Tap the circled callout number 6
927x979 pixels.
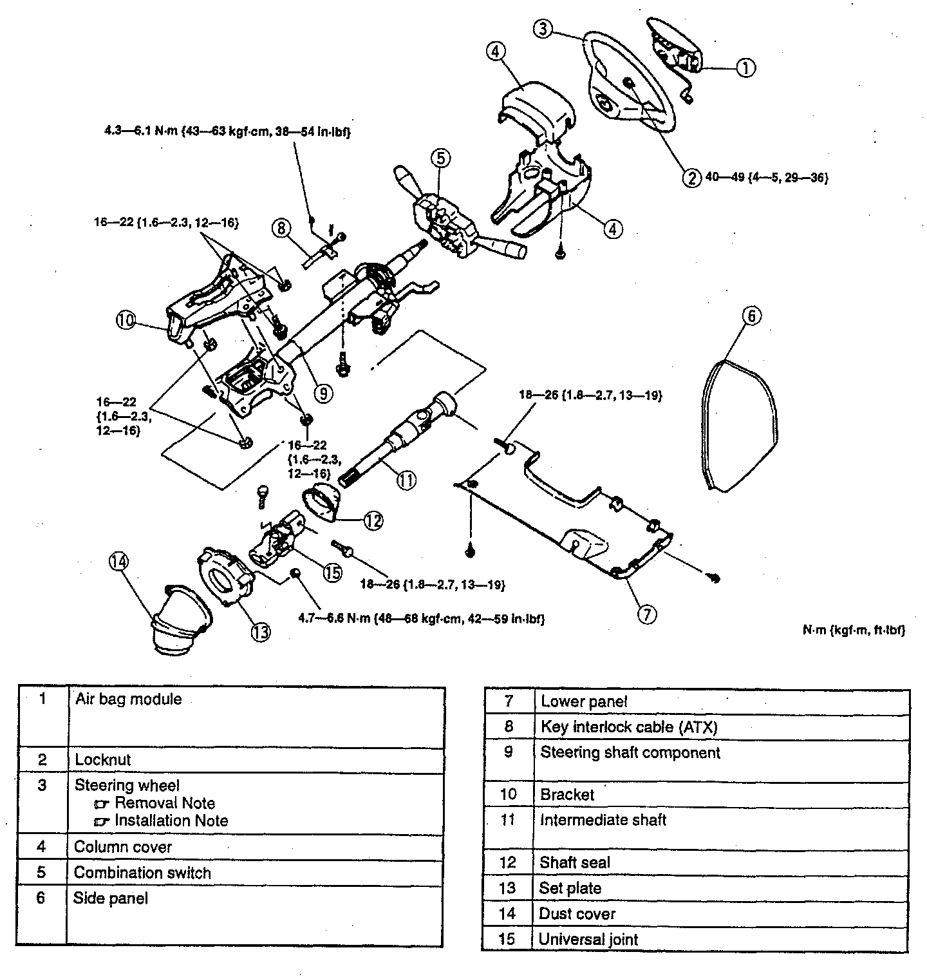tap(751, 316)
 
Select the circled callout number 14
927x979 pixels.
tap(118, 562)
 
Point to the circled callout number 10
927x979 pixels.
tap(127, 319)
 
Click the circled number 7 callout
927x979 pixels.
tap(647, 614)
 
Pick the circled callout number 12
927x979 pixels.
tap(374, 520)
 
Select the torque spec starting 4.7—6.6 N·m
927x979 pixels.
tap(422, 620)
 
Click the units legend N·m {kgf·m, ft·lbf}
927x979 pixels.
tap(853, 631)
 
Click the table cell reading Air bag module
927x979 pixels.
tap(128, 699)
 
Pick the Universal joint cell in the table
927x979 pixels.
tap(588, 939)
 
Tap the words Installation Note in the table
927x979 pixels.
tap(171, 821)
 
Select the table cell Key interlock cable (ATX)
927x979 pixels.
tap(628, 727)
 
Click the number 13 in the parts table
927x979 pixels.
tap(507, 888)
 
